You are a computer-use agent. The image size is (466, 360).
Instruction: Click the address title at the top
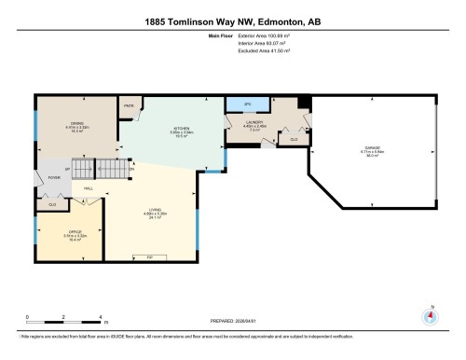pyautogui.click(x=232, y=21)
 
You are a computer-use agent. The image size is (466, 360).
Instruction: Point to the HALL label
pyautogui.click(x=89, y=189)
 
